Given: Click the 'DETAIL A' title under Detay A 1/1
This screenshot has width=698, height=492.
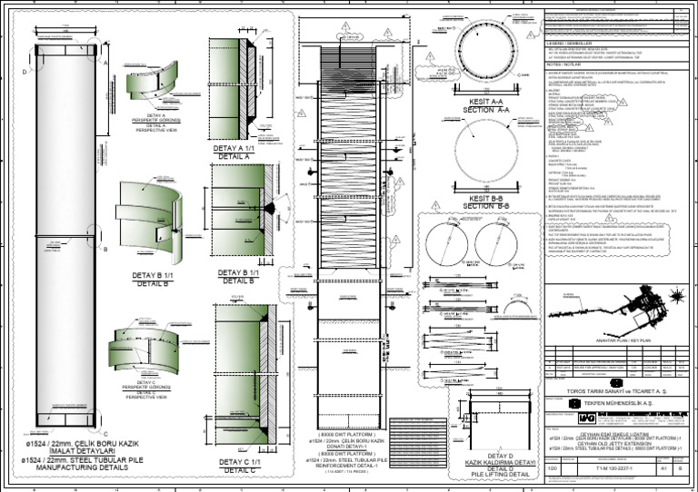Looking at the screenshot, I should (x=235, y=157).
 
